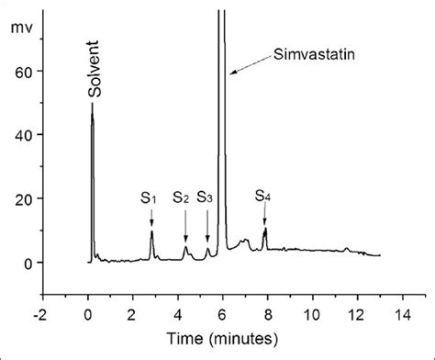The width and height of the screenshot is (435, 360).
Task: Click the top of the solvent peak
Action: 92,105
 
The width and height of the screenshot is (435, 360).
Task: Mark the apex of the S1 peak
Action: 151,231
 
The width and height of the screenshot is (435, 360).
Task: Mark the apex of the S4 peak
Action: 265,229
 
